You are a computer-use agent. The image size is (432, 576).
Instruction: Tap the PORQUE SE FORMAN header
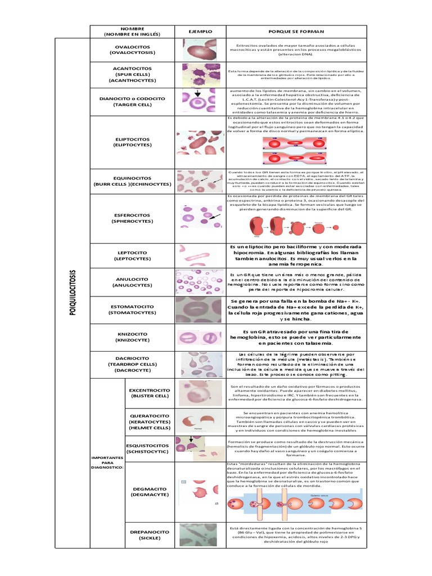(295, 31)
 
